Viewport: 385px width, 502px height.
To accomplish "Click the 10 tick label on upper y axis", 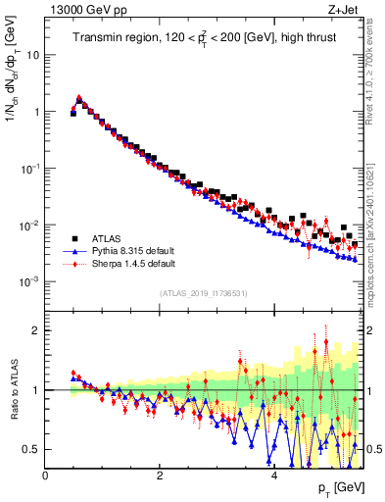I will [x=32, y=55].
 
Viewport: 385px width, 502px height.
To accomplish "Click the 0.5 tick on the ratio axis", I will [x=29, y=449].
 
